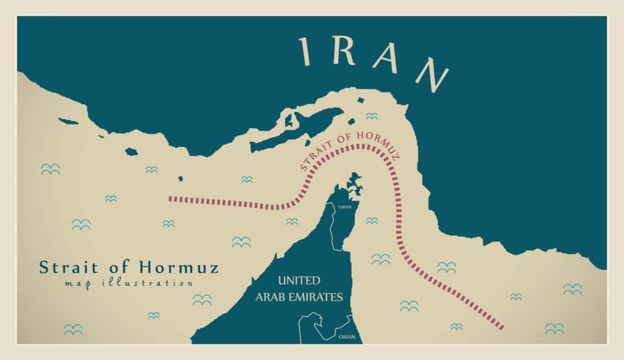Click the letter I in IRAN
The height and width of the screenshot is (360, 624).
(x=305, y=51)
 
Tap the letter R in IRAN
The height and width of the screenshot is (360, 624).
(x=346, y=53)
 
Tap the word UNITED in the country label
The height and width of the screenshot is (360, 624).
(x=299, y=281)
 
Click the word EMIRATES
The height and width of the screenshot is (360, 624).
(x=319, y=297)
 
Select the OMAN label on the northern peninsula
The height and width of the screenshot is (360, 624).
(x=344, y=206)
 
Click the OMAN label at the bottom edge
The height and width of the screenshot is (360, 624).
(x=347, y=336)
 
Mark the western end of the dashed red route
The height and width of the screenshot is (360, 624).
(x=170, y=198)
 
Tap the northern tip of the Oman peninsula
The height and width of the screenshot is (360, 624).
(x=353, y=176)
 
